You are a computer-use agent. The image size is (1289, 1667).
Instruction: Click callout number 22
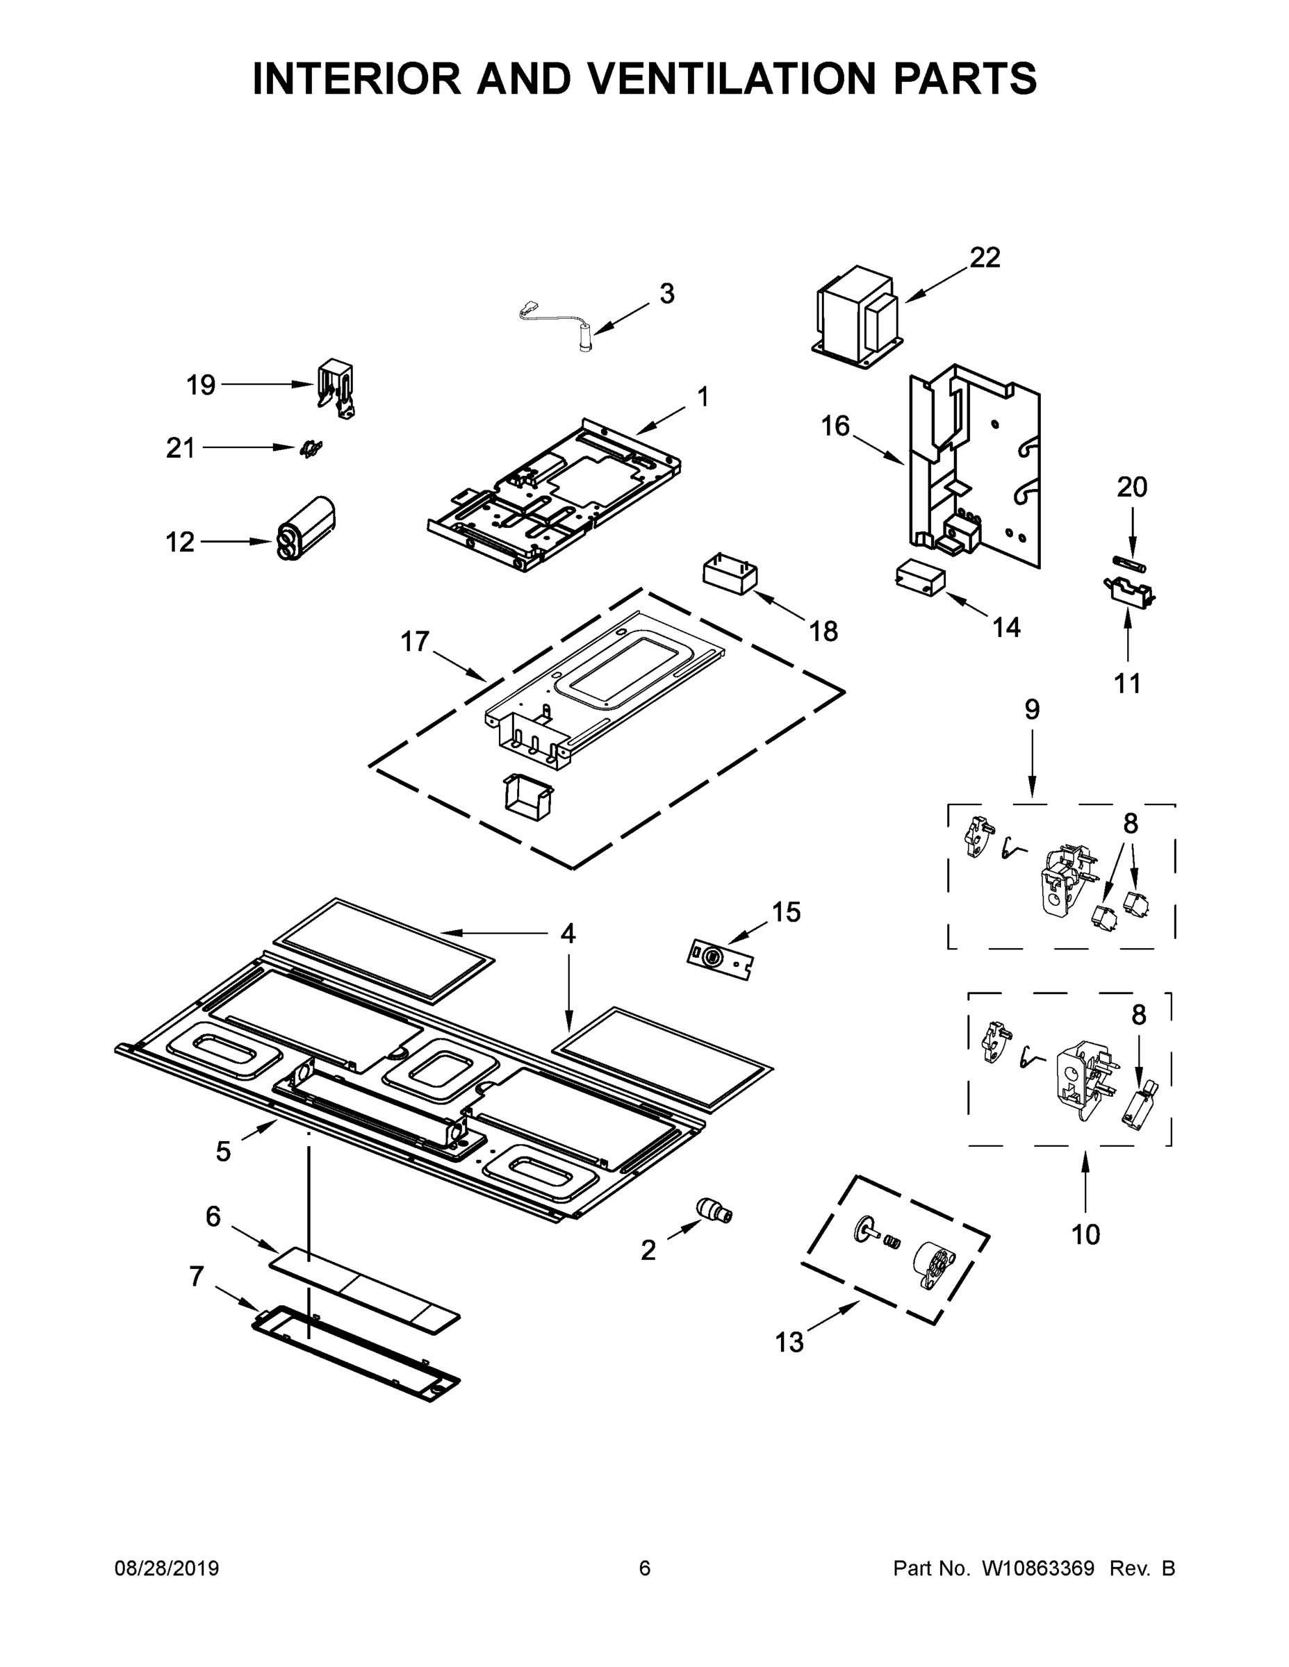point(985,258)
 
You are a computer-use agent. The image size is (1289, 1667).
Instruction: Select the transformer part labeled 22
point(857,315)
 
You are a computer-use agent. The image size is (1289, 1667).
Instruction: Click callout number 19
point(201,385)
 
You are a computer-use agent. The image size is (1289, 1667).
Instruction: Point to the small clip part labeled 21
point(310,449)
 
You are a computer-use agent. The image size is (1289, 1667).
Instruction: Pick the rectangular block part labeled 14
point(919,577)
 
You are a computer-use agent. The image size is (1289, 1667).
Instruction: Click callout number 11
point(1127,683)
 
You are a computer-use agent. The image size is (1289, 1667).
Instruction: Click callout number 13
point(789,1342)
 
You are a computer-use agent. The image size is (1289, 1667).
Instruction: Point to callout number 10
point(1085,1234)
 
